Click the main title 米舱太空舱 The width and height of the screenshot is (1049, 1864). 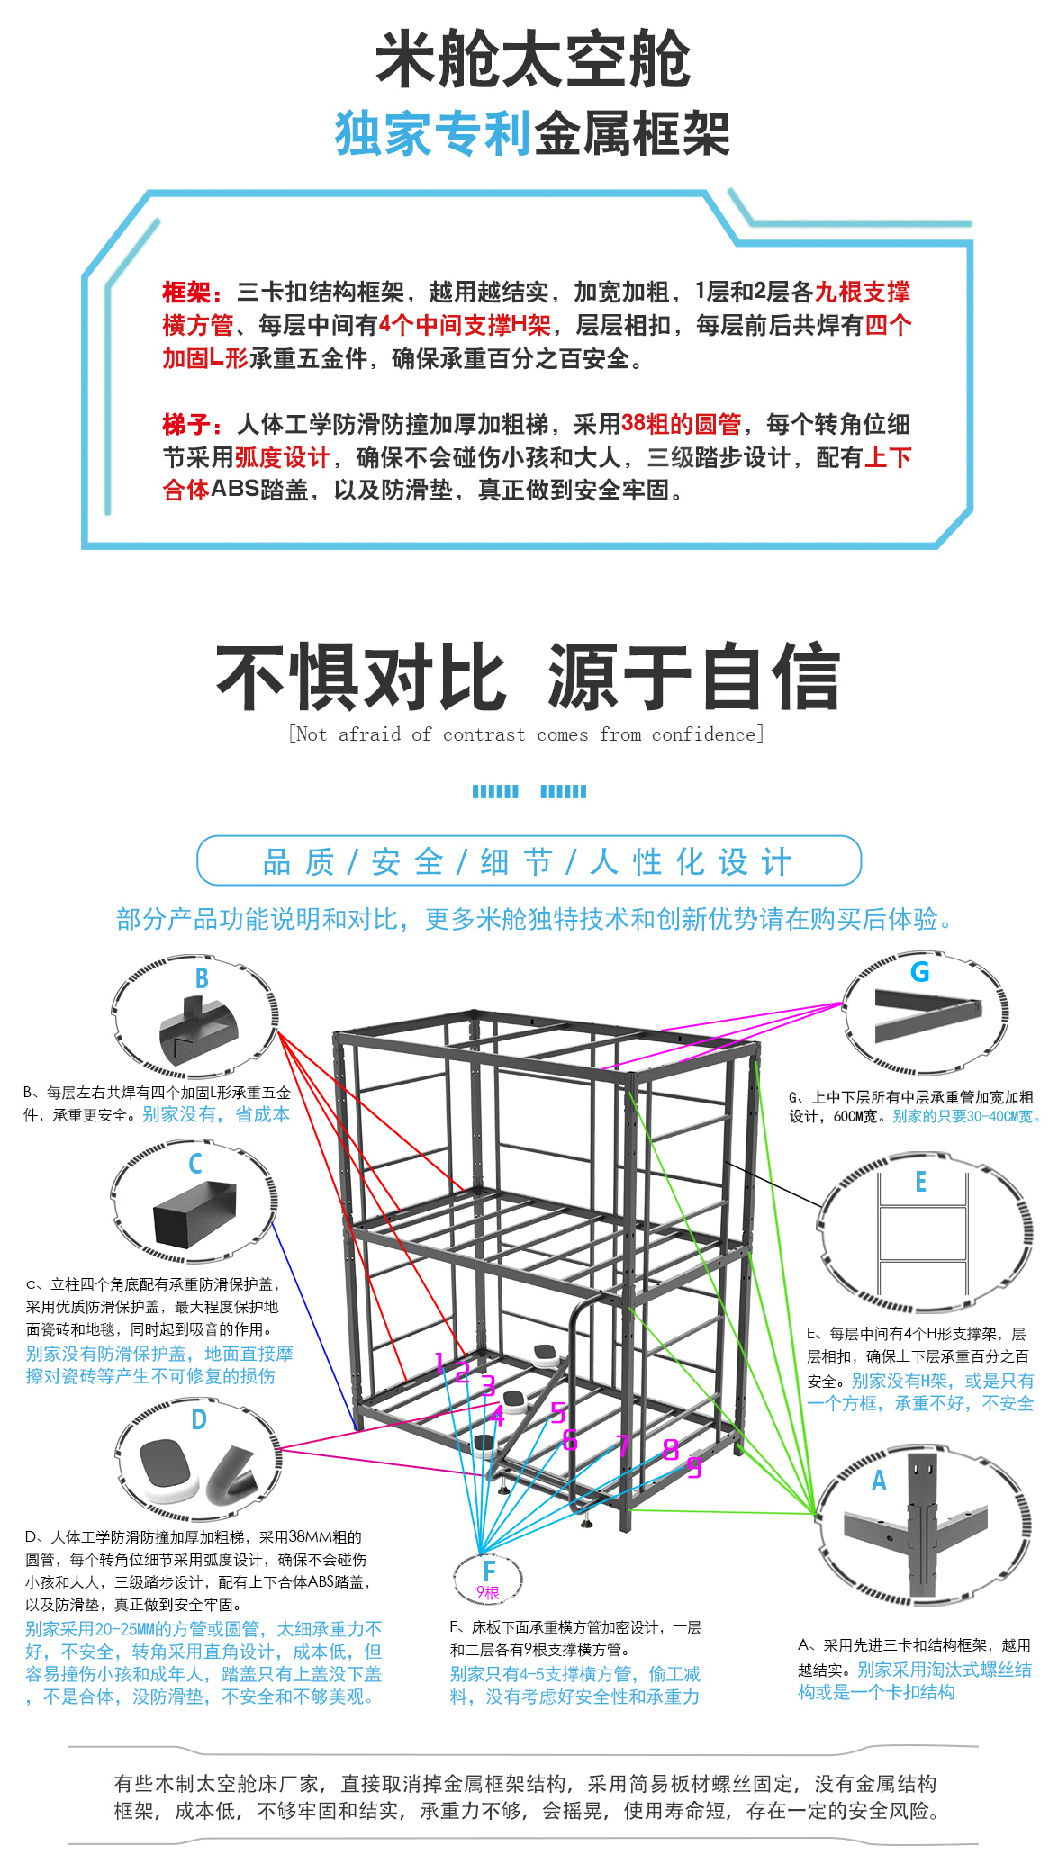pyautogui.click(x=532, y=59)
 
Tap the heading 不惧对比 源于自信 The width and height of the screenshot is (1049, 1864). pyautogui.click(x=528, y=677)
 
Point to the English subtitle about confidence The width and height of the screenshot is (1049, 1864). pyautogui.click(x=527, y=734)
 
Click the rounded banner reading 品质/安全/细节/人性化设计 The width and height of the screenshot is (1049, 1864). pyautogui.click(x=529, y=860)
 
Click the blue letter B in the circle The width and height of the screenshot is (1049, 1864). pyautogui.click(x=202, y=978)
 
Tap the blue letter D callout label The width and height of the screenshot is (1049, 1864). pyautogui.click(x=199, y=1419)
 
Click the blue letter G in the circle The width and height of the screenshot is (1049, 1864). pyautogui.click(x=919, y=972)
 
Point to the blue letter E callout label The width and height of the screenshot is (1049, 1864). pyautogui.click(x=920, y=1182)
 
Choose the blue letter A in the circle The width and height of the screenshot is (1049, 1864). pyautogui.click(x=879, y=1481)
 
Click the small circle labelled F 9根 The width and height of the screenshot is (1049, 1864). pyautogui.click(x=488, y=1577)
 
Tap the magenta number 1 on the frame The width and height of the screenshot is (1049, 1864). pyautogui.click(x=439, y=1364)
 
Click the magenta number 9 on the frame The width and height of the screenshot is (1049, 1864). pyautogui.click(x=694, y=1467)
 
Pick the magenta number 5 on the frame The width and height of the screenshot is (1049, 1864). pyautogui.click(x=558, y=1412)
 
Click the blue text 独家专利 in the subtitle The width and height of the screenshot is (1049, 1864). pyautogui.click(x=434, y=133)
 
